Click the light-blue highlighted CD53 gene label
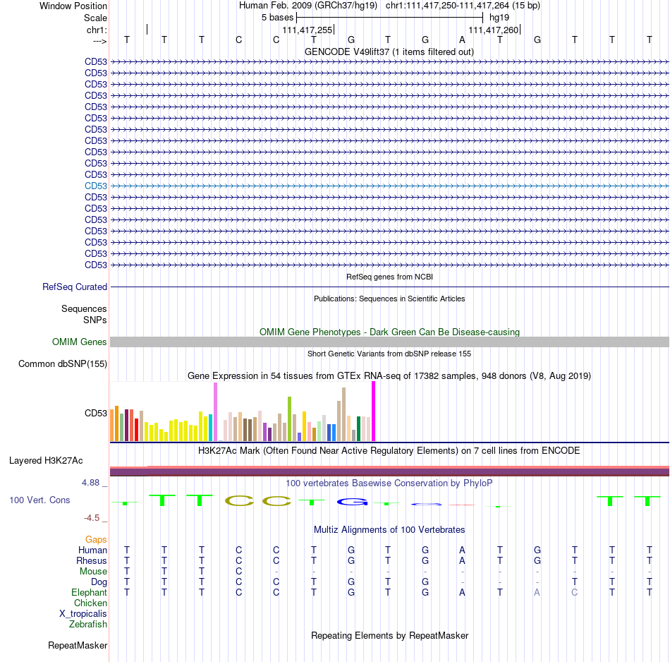tap(96, 186)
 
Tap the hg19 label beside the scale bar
tap(499, 18)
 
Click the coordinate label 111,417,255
tap(307, 30)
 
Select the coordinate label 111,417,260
tap(494, 30)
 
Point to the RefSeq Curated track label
tap(75, 287)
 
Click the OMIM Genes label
tap(80, 342)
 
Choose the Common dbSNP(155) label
tap(63, 364)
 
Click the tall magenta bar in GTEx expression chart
tap(374, 411)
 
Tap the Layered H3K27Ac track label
tap(46, 461)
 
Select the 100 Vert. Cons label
tap(39, 500)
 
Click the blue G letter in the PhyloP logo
tap(352, 502)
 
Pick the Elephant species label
tap(90, 592)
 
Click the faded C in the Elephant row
tap(575, 592)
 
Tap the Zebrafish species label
tap(88, 624)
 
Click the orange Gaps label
tap(96, 540)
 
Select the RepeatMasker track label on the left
tap(78, 645)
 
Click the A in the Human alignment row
tap(463, 550)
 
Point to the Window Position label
tap(73, 6)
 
